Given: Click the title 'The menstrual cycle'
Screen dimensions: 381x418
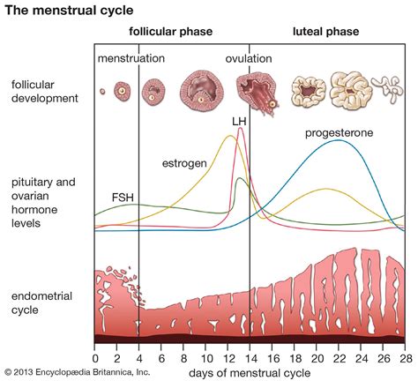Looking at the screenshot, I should [58, 11].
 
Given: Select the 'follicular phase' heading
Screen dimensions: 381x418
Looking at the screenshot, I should [171, 33].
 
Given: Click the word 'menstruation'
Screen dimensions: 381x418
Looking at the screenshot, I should [131, 59].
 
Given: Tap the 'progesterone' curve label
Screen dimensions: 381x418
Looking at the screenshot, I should [339, 133].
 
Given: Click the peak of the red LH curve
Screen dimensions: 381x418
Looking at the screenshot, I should [241, 129].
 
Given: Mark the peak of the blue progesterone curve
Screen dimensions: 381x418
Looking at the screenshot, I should [338, 140].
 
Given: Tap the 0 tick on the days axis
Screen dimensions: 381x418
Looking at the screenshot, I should [94, 357].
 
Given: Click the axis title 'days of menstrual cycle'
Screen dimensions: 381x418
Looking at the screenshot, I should [250, 372].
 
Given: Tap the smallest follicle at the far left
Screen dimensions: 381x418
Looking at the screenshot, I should [102, 91].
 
